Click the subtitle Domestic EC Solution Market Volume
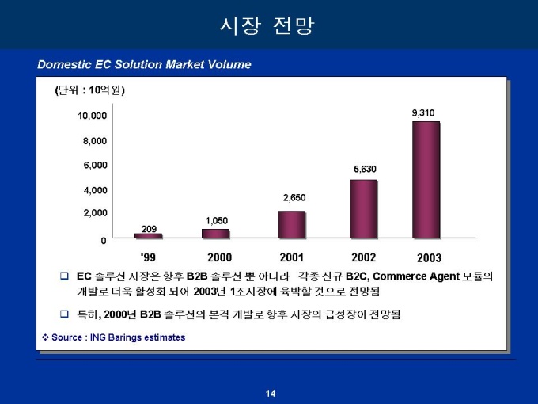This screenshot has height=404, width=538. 144,64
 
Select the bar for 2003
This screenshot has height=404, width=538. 426,180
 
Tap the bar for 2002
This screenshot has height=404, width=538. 363,208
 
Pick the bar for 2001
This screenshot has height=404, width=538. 291,224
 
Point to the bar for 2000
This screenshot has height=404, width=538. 215,234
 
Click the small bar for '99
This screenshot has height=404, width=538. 148,236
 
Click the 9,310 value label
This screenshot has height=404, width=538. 422,113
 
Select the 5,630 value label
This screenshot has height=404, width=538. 364,169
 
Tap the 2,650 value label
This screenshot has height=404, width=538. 294,197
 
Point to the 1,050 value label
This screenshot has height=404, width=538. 218,219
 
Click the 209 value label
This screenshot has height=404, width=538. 149,228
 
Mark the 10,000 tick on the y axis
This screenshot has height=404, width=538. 92,116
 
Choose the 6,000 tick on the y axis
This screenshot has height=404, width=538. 95,165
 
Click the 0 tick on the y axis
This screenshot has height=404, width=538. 103,240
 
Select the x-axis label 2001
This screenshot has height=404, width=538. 292,257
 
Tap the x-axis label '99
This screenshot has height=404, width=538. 148,257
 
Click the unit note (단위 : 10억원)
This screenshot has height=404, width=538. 90,90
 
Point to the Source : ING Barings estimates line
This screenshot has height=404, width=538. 114,337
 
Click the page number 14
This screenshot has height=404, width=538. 271,394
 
